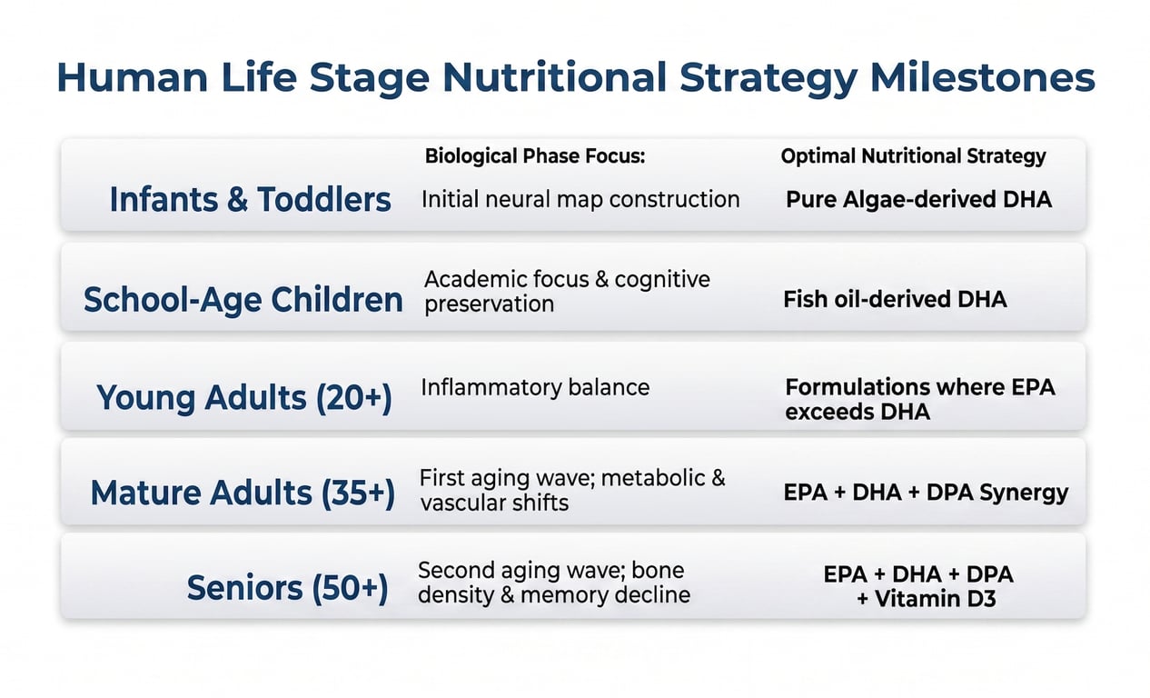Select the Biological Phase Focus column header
534,156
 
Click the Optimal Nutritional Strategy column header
913,156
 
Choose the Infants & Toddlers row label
250,199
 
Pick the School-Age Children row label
243,299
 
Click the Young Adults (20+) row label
243,398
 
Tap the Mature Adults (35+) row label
243,493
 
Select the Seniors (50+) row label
287,589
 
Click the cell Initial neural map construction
580,199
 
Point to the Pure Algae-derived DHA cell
918,199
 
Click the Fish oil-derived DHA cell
895,299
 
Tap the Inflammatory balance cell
535,387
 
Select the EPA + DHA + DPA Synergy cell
926,493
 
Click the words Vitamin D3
936,599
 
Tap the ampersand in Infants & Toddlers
236,199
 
